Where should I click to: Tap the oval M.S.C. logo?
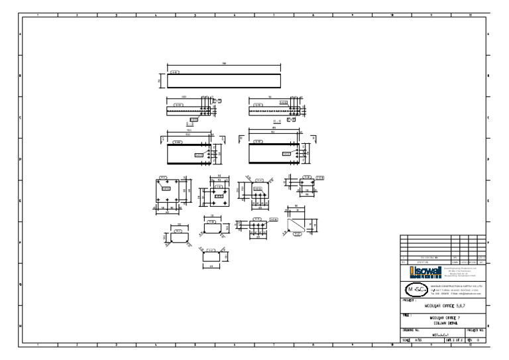416,289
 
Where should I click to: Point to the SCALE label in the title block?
407,340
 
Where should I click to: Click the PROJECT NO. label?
477,329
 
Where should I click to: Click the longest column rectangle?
224,81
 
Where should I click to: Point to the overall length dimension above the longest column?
224,64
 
